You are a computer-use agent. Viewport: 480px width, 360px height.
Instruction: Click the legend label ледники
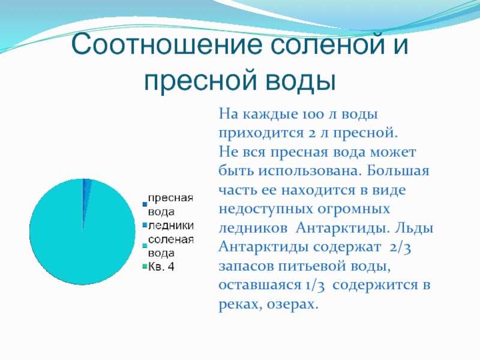171,226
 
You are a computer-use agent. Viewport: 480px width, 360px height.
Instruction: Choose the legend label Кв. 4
161,266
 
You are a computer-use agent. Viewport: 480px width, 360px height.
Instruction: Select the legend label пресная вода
170,205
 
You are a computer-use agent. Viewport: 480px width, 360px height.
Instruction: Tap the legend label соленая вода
171,246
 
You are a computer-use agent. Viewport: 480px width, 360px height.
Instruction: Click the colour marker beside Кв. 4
145,267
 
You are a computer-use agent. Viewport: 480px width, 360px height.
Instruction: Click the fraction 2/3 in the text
400,248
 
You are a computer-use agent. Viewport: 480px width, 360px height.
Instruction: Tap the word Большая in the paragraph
398,171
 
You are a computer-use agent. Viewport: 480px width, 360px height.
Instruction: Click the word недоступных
265,209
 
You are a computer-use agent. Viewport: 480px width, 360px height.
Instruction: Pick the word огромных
353,209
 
